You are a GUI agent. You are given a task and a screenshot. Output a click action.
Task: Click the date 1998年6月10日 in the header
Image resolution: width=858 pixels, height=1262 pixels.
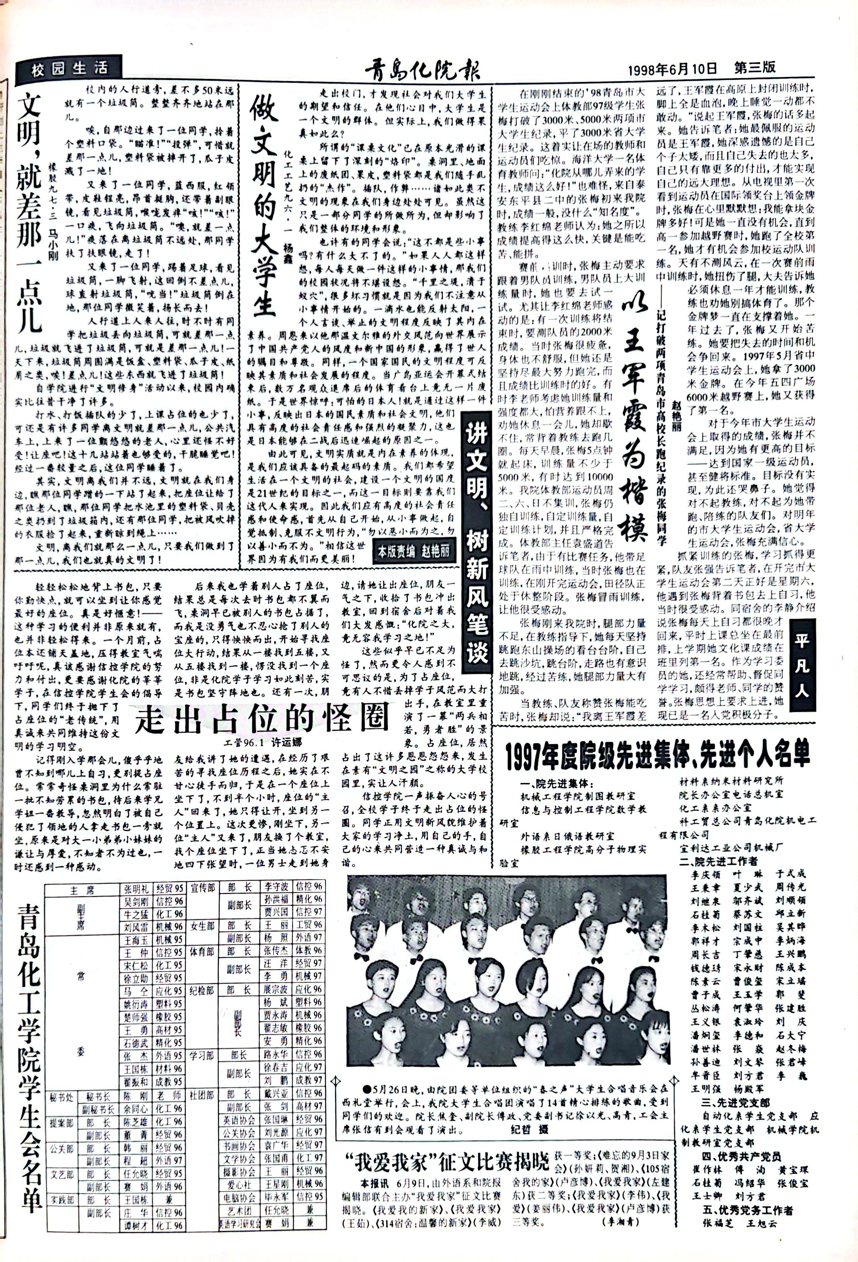(672, 69)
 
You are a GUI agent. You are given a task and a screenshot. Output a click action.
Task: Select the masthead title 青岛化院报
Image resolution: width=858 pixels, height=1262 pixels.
(422, 70)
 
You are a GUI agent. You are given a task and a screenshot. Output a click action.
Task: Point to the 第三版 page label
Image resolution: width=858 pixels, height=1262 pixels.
(755, 68)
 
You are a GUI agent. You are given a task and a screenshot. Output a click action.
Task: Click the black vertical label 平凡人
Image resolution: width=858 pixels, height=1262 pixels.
(803, 671)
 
